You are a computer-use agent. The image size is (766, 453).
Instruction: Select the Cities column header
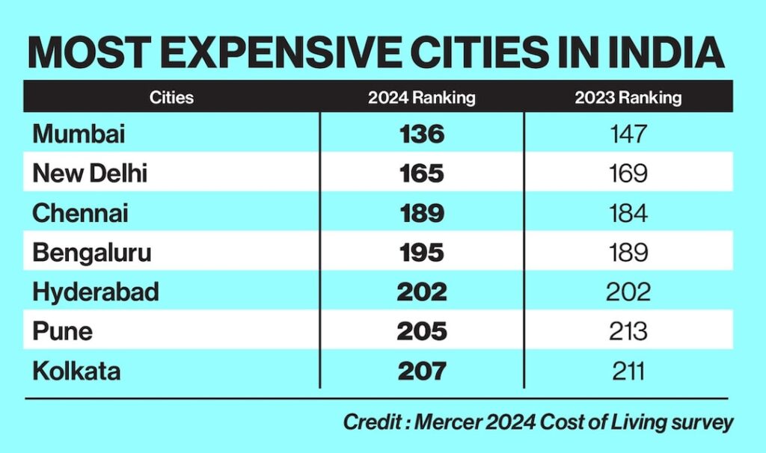click(171, 97)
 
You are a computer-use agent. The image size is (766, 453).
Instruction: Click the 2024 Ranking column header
click(422, 97)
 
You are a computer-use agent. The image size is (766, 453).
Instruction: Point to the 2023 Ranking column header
click(628, 97)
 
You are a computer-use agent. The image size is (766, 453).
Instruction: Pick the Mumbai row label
click(79, 135)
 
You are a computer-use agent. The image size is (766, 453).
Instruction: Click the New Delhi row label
click(90, 174)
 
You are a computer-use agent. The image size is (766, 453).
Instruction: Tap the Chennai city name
click(80, 213)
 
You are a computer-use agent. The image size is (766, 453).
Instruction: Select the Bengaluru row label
click(91, 253)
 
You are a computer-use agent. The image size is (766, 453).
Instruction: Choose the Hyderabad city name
click(96, 292)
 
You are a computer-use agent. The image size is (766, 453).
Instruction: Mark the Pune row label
click(62, 330)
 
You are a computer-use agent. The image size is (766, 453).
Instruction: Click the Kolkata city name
click(76, 370)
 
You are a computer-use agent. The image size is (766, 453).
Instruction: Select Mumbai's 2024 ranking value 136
click(422, 135)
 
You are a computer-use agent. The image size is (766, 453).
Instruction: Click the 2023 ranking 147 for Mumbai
click(628, 135)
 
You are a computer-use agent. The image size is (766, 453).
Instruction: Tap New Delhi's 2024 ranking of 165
click(422, 174)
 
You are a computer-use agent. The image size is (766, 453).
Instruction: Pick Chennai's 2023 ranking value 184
click(628, 213)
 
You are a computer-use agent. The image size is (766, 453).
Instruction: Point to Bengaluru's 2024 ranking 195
click(422, 253)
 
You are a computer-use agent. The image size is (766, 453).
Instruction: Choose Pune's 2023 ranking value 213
click(628, 330)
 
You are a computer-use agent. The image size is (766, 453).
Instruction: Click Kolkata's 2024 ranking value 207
click(422, 370)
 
